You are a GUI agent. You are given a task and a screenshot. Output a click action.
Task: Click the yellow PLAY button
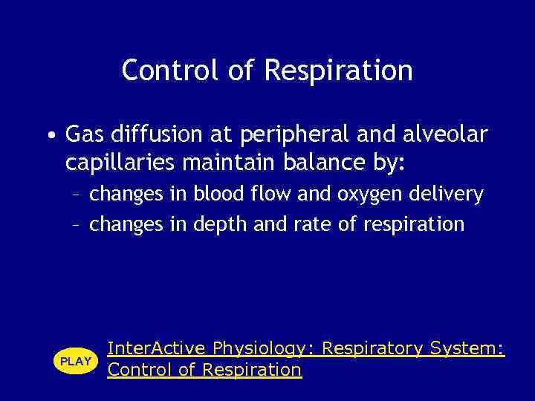(75, 361)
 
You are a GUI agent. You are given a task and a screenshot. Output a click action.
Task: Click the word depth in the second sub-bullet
(221, 224)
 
